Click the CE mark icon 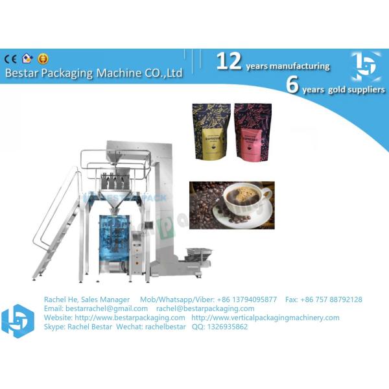[x=11, y=58]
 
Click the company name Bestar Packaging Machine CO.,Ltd [x=93, y=73]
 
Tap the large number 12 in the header [x=229, y=61]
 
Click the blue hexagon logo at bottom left [x=18, y=321]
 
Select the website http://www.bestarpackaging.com [x=130, y=318]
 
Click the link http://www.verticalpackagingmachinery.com [x=265, y=318]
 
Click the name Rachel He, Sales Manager [x=86, y=300]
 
